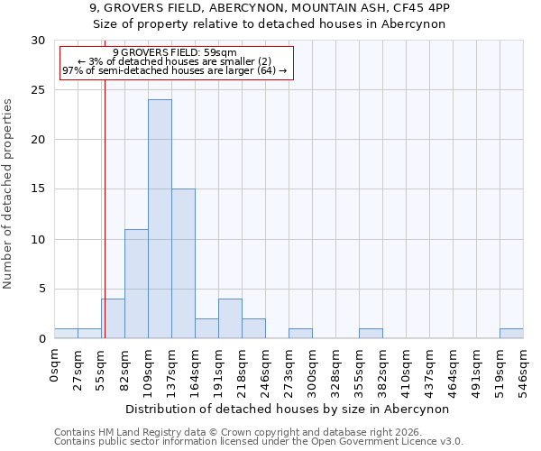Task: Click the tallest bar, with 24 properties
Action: pyautogui.click(x=160, y=219)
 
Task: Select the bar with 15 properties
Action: pyautogui.click(x=183, y=263)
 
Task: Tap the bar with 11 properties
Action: pyautogui.click(x=136, y=283)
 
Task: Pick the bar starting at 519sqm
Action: pyautogui.click(x=511, y=334)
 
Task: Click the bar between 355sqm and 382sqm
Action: pyautogui.click(x=371, y=334)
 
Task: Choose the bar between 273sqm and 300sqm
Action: pyautogui.click(x=300, y=334)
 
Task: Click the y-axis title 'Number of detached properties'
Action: pyautogui.click(x=8, y=194)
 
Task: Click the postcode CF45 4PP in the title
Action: pyautogui.click(x=418, y=8)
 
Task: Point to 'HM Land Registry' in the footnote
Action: pyautogui.click(x=131, y=433)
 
